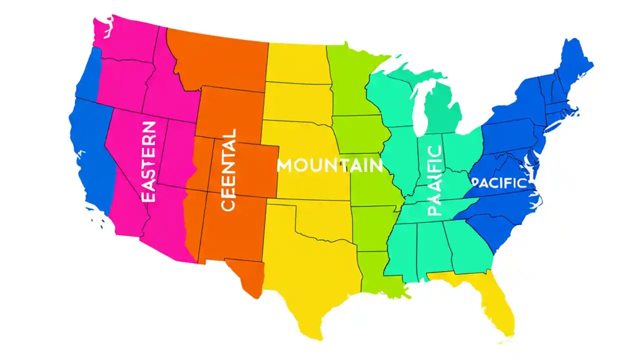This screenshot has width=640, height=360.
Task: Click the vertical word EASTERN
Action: pyautogui.click(x=148, y=161)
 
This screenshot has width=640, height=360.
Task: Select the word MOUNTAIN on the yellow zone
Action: pyautogui.click(x=329, y=165)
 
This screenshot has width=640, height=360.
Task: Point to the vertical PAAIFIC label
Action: pyautogui.click(x=435, y=180)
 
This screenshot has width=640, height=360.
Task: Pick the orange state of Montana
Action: pyautogui.click(x=220, y=60)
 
